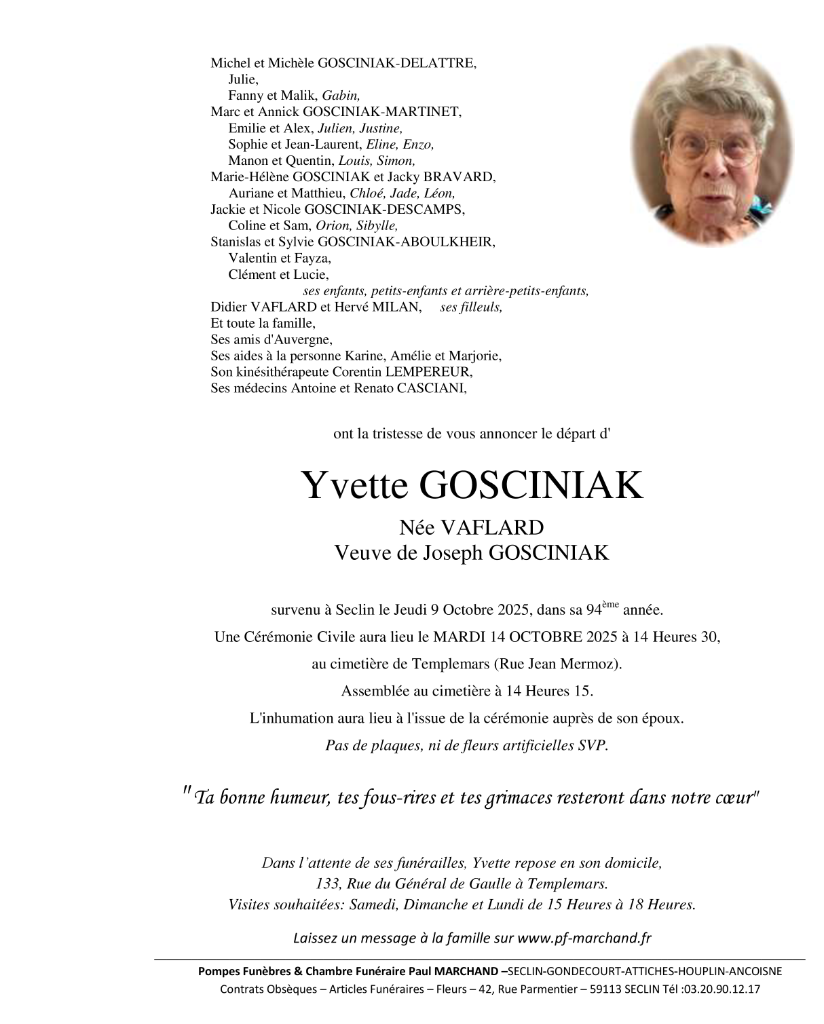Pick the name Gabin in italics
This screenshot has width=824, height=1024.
pyautogui.click(x=341, y=96)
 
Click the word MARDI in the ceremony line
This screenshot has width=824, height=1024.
pyautogui.click(x=460, y=637)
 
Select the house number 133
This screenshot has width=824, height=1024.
pyautogui.click(x=327, y=884)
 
